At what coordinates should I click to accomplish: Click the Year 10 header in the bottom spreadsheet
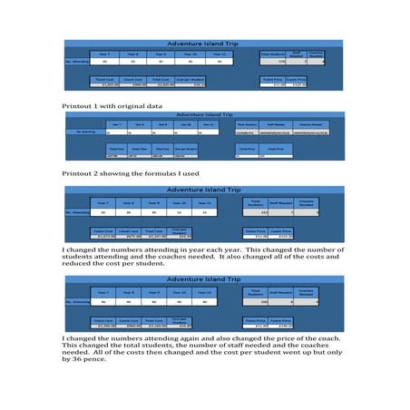coord(180,294)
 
